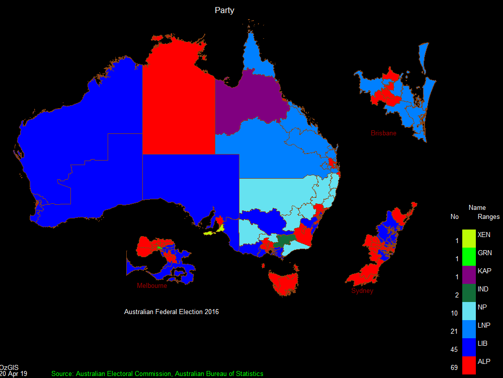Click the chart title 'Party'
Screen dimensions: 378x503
[x=224, y=10]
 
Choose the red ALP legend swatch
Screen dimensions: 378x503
[x=468, y=365]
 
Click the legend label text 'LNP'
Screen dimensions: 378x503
[x=484, y=325]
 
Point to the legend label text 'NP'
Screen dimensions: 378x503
[x=482, y=307]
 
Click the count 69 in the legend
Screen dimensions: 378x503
[x=454, y=367]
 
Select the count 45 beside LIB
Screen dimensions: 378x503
[x=454, y=349]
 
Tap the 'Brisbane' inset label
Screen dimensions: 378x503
[x=383, y=133]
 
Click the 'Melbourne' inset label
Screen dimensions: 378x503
[x=152, y=285]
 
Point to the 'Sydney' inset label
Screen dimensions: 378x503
[x=362, y=291]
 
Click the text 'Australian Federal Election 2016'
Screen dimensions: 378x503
[x=172, y=312]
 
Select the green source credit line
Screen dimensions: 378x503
[x=157, y=373]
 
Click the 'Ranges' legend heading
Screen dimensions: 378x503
[x=488, y=217]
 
